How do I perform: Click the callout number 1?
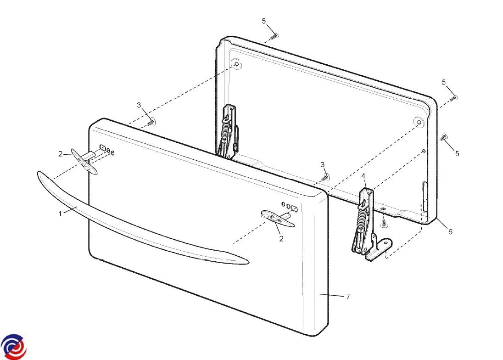pyautogui.click(x=60, y=214)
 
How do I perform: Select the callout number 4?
pyautogui.click(x=363, y=176)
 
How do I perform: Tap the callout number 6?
pyautogui.click(x=450, y=231)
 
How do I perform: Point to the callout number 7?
pyautogui.click(x=348, y=297)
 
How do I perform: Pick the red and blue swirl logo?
pyautogui.click(x=13, y=347)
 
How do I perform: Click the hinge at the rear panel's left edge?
pyautogui.click(x=229, y=131)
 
